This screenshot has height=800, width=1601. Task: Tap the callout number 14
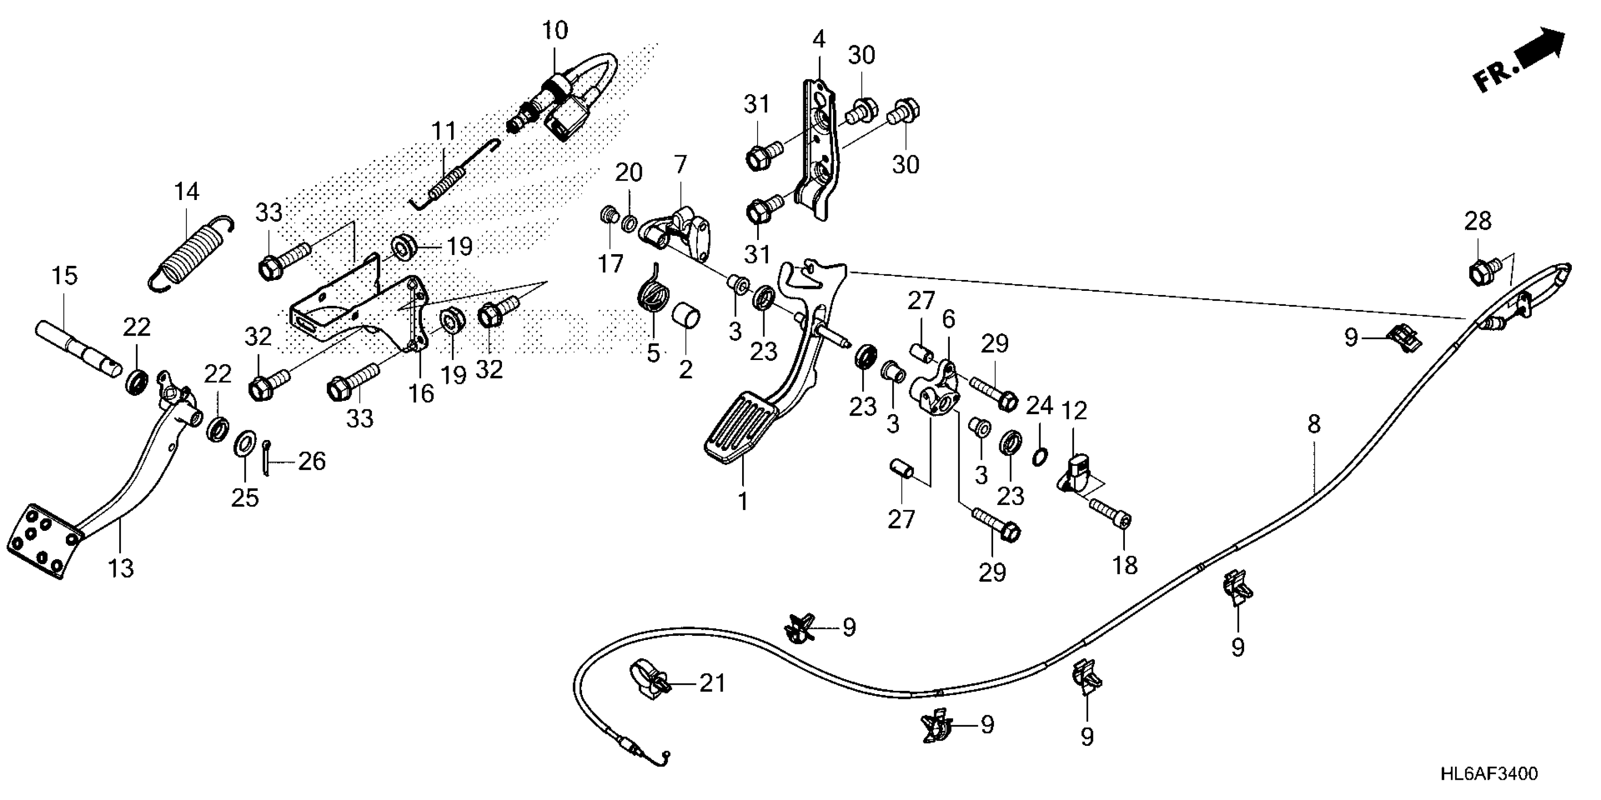tap(186, 192)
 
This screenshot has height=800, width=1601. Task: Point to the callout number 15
tap(64, 276)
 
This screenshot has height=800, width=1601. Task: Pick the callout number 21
tap(712, 683)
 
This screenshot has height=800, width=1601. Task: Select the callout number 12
tap(1074, 410)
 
